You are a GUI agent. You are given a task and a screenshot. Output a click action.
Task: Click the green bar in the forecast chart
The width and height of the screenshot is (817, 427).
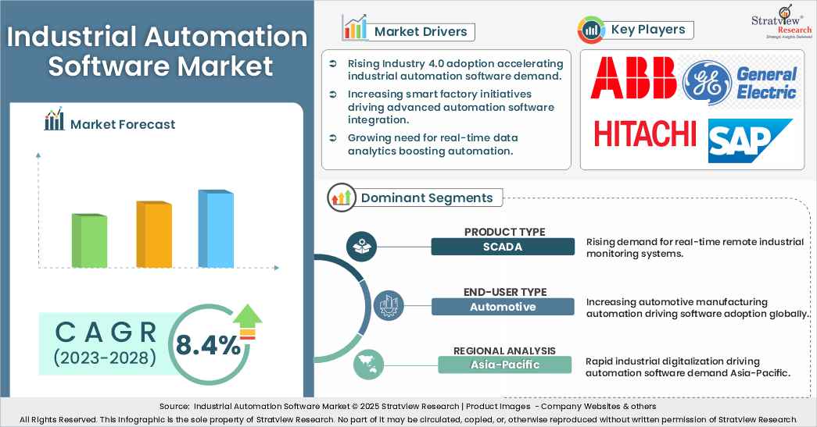(x=90, y=240)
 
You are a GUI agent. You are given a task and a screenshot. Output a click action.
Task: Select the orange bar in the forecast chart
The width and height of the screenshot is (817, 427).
(x=154, y=234)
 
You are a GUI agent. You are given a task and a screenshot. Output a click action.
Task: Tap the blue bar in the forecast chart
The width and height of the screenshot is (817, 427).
(x=215, y=228)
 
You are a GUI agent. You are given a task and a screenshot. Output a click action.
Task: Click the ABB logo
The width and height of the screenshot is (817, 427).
(x=633, y=79)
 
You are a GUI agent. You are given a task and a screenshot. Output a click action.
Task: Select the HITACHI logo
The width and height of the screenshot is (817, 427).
(x=645, y=133)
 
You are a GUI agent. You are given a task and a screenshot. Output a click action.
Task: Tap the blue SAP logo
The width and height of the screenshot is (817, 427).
(x=750, y=141)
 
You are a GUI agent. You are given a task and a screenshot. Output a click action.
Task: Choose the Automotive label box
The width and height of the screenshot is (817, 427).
(x=502, y=307)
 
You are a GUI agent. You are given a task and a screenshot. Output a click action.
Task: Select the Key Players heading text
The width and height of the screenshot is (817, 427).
(x=648, y=30)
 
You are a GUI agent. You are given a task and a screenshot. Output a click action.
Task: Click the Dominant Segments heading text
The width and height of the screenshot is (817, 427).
(x=426, y=197)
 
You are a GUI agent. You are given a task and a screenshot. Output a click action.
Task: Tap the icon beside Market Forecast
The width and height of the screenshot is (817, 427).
(x=55, y=121)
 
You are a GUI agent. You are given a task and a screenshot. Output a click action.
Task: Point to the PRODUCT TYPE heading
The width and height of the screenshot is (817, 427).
(x=504, y=232)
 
